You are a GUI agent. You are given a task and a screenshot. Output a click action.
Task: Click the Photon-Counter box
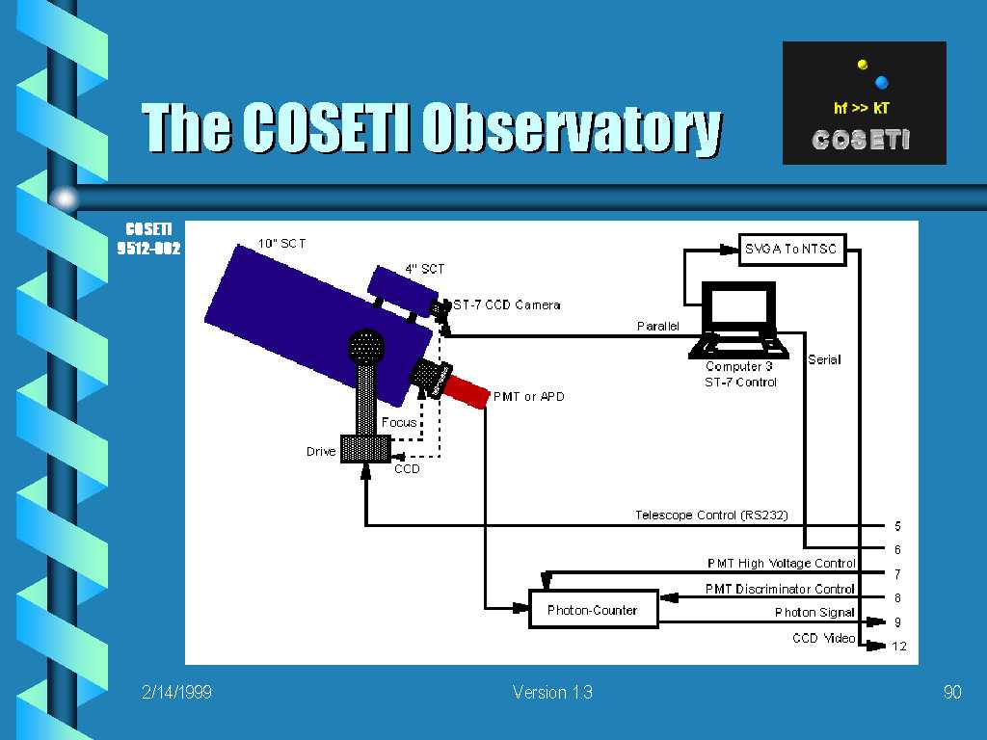(594, 609)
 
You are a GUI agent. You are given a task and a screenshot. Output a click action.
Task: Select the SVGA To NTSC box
(792, 250)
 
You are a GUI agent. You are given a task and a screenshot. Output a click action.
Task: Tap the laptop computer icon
(739, 320)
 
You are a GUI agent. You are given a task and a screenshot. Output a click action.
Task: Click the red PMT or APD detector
(466, 390)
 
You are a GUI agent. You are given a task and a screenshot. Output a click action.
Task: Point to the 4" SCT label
(425, 270)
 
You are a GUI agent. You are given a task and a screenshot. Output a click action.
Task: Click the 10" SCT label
(282, 244)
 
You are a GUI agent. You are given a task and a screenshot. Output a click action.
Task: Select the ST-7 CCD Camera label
(507, 305)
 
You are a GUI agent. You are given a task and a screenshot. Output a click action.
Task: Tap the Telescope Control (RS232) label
(711, 515)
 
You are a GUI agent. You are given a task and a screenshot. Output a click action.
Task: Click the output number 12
(899, 647)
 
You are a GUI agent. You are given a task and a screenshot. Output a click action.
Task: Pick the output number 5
(897, 526)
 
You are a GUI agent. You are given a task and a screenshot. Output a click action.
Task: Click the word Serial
(825, 360)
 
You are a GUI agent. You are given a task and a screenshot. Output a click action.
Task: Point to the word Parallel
(657, 326)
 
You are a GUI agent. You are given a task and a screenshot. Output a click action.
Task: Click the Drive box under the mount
(365, 449)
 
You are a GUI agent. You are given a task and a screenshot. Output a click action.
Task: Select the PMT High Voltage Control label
(781, 563)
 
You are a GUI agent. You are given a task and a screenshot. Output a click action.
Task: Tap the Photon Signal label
(814, 612)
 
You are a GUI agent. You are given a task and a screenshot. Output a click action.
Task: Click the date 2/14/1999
(177, 692)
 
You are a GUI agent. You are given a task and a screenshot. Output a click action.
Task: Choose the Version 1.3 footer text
(552, 692)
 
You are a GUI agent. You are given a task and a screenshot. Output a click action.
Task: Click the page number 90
(952, 692)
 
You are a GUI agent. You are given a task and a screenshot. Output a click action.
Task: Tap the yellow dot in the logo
(863, 65)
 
